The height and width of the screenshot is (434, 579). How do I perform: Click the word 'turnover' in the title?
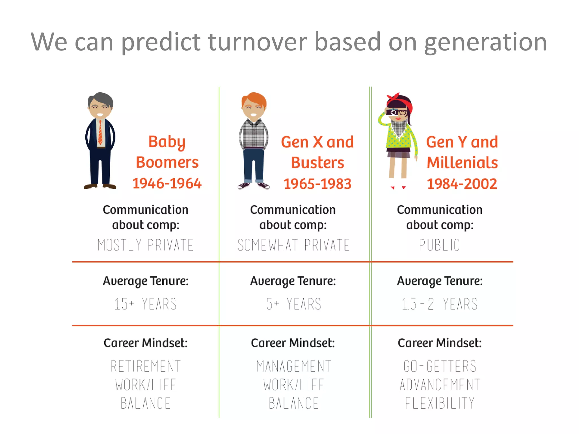click(x=257, y=42)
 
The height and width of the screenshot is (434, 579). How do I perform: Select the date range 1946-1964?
click(x=167, y=184)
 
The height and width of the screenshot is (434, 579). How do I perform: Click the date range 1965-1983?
click(x=317, y=184)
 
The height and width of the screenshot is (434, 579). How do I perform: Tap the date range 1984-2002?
click(x=462, y=184)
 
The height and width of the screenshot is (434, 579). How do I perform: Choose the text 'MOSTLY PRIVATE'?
click(x=145, y=245)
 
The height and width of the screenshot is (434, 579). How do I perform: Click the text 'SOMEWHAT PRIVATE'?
click(x=293, y=245)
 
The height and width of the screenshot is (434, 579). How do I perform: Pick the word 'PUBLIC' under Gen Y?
click(x=439, y=245)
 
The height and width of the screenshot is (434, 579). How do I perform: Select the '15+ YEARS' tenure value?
click(x=145, y=304)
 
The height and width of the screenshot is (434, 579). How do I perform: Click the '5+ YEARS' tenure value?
click(x=293, y=304)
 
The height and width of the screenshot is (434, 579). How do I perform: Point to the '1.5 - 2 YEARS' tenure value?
click(x=439, y=304)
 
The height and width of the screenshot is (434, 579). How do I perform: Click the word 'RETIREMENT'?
click(x=145, y=366)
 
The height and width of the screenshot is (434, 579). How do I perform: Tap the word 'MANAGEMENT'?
click(x=293, y=366)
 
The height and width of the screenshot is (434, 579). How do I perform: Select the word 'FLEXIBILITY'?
click(x=439, y=403)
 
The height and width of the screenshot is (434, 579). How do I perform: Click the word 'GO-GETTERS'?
click(x=440, y=366)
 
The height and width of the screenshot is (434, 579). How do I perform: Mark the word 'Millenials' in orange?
click(x=462, y=163)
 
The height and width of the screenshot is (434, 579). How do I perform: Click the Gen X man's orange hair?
click(x=254, y=99)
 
